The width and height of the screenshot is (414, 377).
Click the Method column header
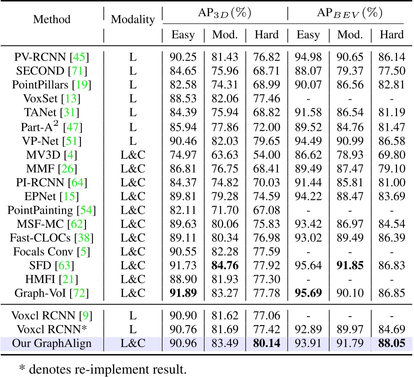click(x=51, y=19)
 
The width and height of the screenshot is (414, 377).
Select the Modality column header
click(x=132, y=19)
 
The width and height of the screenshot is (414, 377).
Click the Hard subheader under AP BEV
click(x=391, y=35)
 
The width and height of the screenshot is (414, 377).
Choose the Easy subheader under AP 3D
click(x=183, y=35)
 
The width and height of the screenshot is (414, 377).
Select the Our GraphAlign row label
click(x=51, y=344)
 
